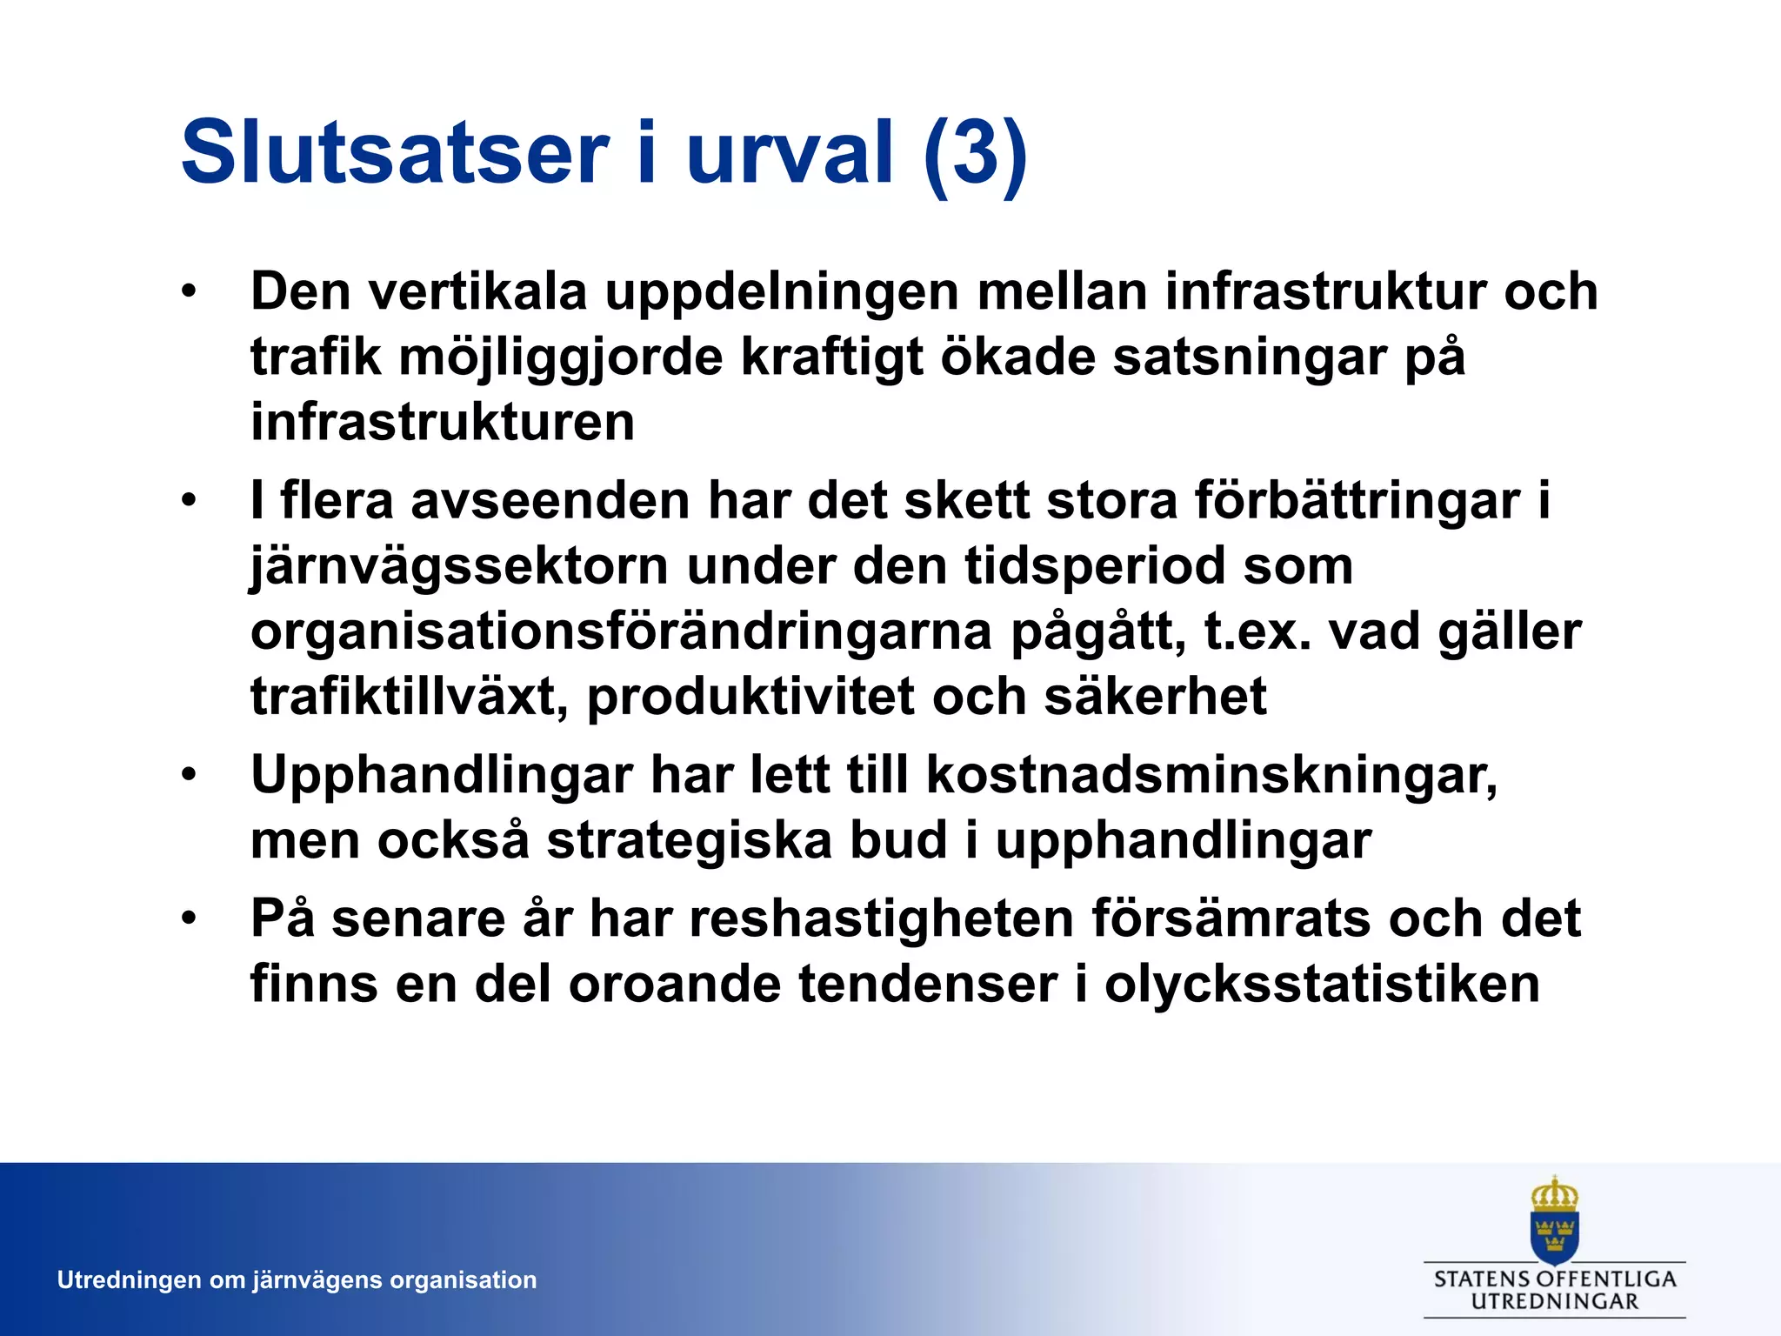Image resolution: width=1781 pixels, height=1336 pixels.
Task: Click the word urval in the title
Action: pyautogui.click(x=790, y=154)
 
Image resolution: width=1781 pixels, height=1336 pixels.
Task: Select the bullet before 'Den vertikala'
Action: pyautogui.click(x=190, y=291)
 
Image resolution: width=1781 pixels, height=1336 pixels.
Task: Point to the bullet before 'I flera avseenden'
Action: pyautogui.click(x=190, y=501)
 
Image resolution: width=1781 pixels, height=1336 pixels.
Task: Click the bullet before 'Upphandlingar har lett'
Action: pyautogui.click(x=190, y=775)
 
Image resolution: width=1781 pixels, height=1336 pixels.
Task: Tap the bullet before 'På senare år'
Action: pyautogui.click(x=190, y=918)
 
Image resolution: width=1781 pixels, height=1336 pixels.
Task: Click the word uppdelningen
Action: pyautogui.click(x=782, y=291)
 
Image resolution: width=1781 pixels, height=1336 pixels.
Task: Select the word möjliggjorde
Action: pyautogui.click(x=561, y=357)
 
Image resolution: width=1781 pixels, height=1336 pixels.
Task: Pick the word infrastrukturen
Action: pyautogui.click(x=443, y=422)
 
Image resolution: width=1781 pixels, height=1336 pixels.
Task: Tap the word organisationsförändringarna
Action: pyautogui.click(x=621, y=632)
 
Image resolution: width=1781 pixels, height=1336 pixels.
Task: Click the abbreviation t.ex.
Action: pyautogui.click(x=1257, y=632)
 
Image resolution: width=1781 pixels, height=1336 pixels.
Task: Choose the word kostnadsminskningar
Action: pyautogui.click(x=1211, y=775)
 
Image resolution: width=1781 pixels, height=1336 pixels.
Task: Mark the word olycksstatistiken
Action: pyautogui.click(x=1322, y=985)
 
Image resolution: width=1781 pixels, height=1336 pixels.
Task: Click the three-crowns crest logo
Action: pyautogui.click(x=1554, y=1220)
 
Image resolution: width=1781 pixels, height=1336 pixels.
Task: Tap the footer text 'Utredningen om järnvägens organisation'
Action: pyautogui.click(x=297, y=1280)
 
